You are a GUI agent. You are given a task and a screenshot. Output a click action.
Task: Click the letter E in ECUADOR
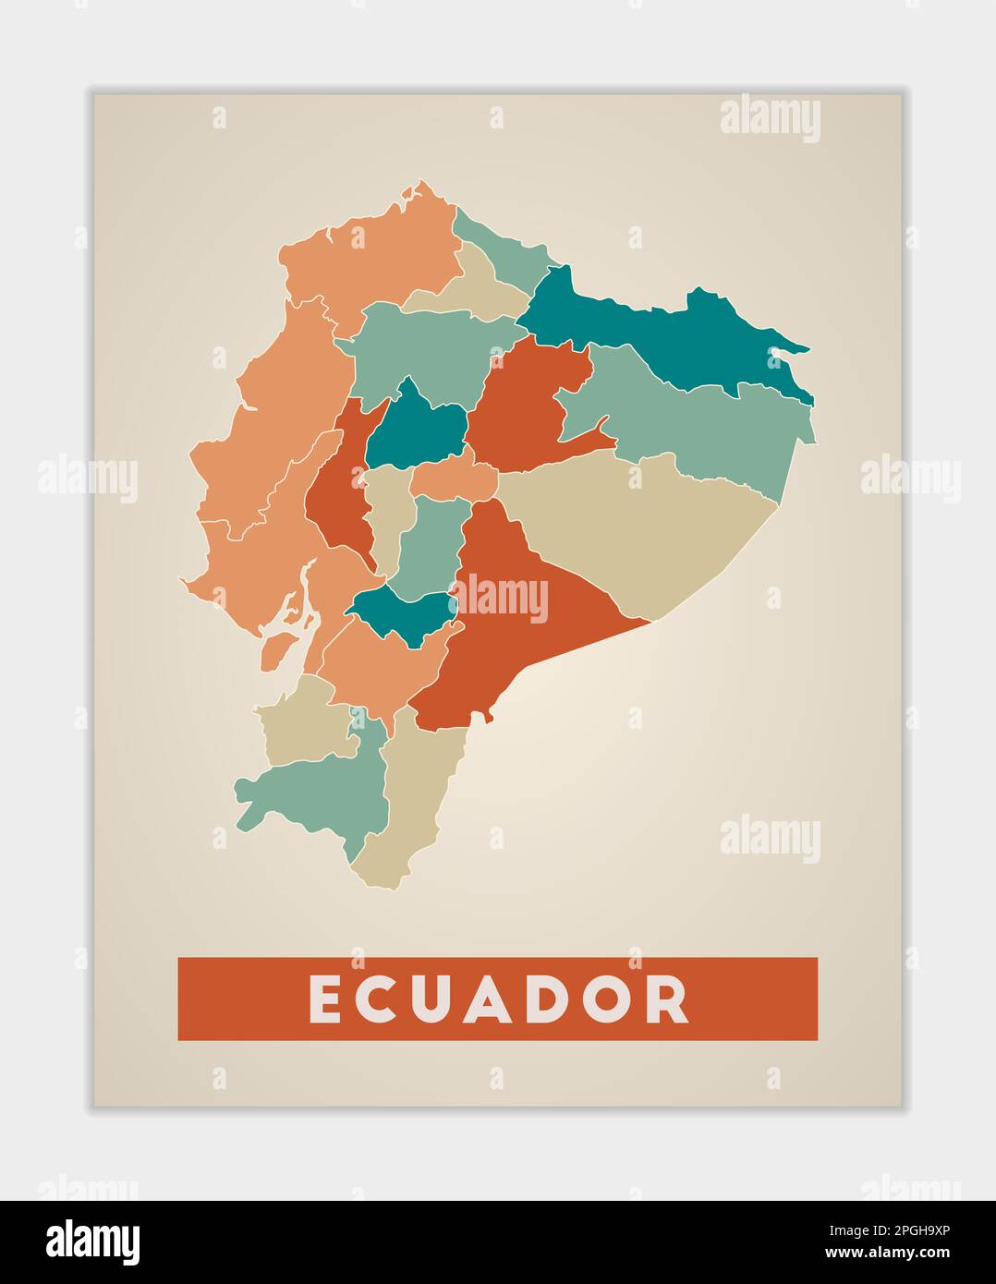[x=324, y=999]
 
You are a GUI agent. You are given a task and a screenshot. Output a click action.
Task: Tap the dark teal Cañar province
[x=402, y=614]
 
